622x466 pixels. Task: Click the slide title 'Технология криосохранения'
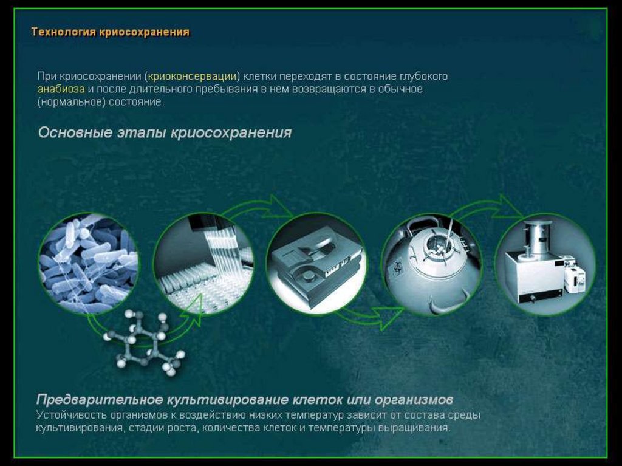click(111, 32)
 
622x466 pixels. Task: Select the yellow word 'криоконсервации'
click(192, 76)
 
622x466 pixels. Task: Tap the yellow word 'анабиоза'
click(61, 89)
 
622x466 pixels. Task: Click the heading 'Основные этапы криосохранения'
click(165, 132)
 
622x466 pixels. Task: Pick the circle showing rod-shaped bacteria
click(89, 264)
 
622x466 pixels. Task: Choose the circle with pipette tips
click(203, 264)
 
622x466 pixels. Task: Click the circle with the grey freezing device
click(316, 264)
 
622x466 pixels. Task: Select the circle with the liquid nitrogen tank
click(432, 264)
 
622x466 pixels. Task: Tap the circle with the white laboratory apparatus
click(545, 264)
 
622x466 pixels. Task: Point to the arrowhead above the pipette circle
click(281, 207)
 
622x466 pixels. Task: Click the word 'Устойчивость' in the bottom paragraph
click(72, 415)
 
